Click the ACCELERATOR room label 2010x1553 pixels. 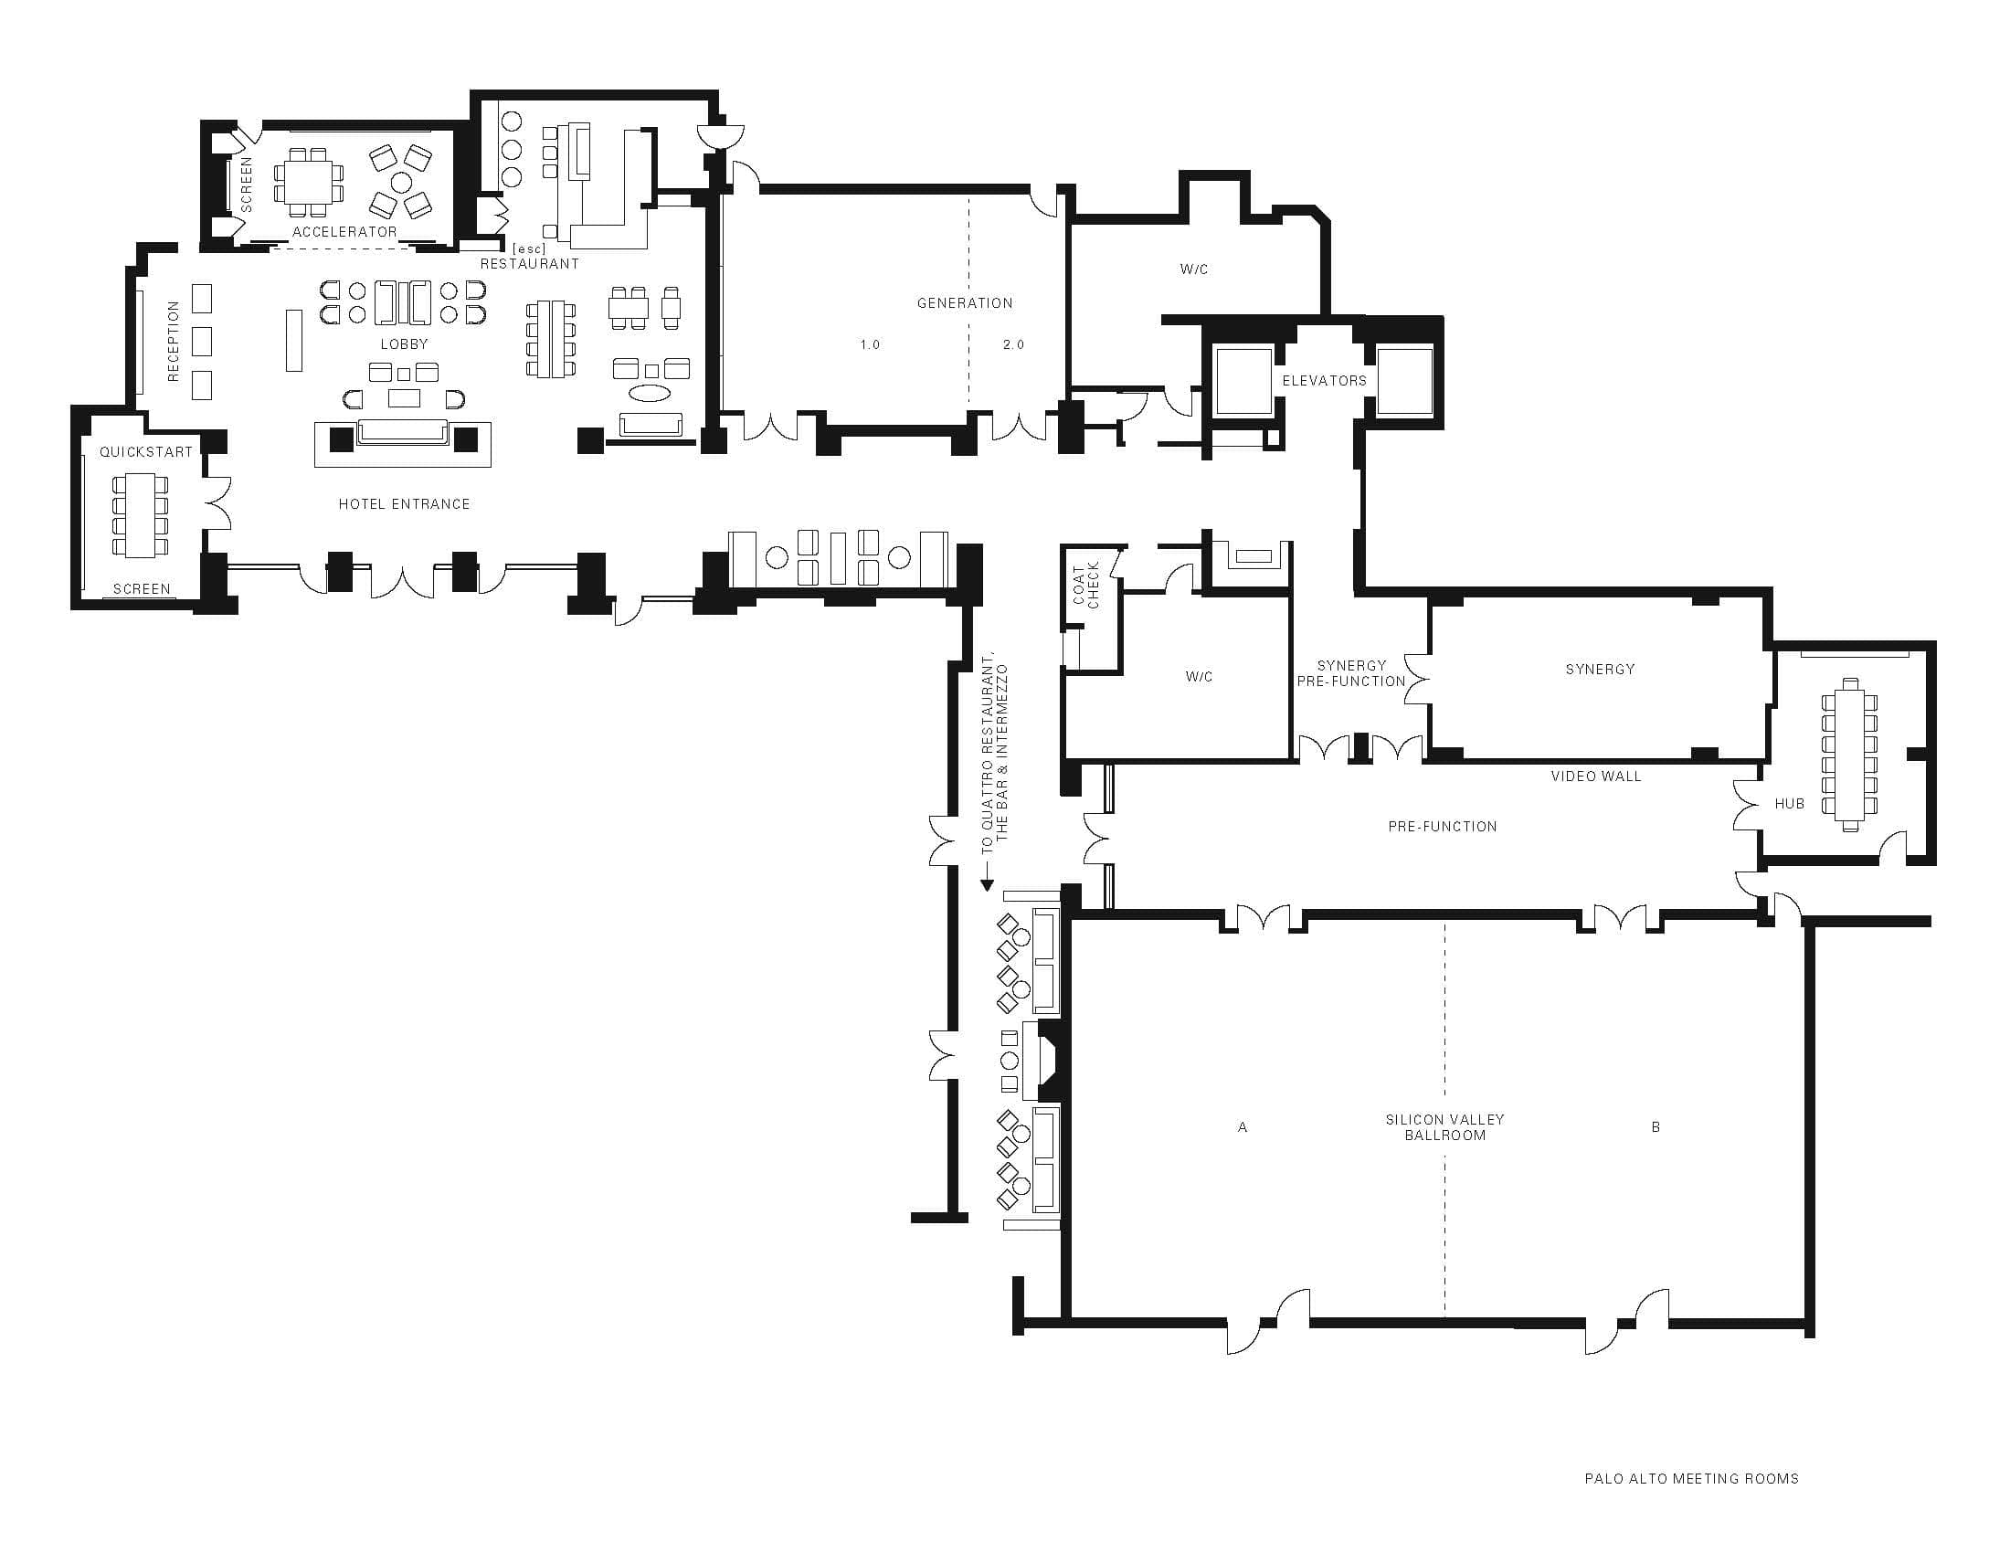tap(344, 232)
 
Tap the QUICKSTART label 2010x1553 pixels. tap(146, 451)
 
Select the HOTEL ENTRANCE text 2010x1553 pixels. tap(404, 504)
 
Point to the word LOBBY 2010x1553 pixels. tap(404, 344)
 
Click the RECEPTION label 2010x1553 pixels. tap(173, 342)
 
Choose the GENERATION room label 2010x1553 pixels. tap(965, 302)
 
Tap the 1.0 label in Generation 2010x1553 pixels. tap(870, 345)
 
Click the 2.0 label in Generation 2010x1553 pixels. tap(1013, 345)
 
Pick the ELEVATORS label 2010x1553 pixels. tap(1325, 380)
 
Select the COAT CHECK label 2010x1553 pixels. tap(1086, 586)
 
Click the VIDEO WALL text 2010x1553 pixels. tap(1596, 776)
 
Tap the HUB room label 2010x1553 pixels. tap(1789, 804)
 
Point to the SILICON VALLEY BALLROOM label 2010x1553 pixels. tap(1445, 1127)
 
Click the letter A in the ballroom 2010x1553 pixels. tap(1243, 1127)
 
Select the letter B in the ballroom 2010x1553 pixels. tap(1656, 1127)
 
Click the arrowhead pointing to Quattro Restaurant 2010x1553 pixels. tap(988, 885)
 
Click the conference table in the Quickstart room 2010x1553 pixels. tap(141, 515)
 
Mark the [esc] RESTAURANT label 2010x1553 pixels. tap(529, 257)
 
